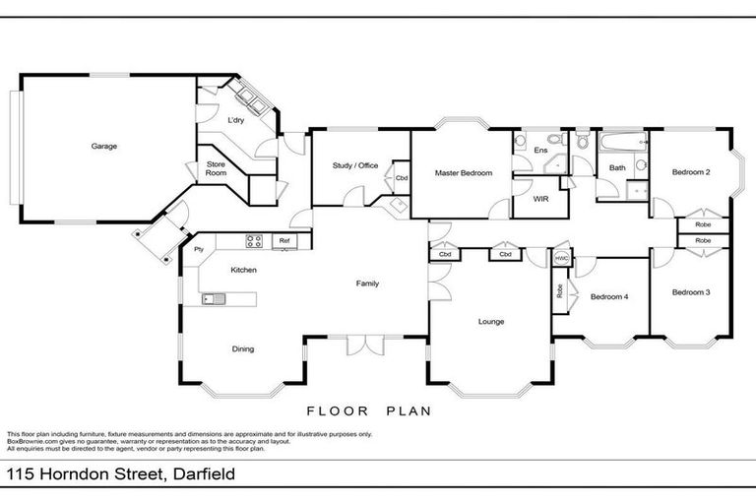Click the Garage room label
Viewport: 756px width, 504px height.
coord(104,147)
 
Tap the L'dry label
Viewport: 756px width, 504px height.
coord(236,120)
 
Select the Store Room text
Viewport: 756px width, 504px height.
coord(216,168)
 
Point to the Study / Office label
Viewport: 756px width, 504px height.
coord(354,165)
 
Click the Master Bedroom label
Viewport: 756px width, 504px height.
coord(462,173)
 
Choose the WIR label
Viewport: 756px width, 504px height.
coord(540,198)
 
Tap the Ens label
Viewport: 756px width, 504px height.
coord(540,150)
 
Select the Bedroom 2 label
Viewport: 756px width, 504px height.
coord(691,172)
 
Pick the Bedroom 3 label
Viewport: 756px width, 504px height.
coord(691,292)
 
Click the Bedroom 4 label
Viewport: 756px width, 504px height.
coord(608,295)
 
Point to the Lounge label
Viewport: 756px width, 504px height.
coord(491,321)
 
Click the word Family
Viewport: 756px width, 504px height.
coord(367,283)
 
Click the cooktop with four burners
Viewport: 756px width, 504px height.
coord(253,239)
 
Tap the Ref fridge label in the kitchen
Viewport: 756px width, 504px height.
coord(284,240)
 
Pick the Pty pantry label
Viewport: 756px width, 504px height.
coord(198,249)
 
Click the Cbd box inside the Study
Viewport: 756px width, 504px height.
coord(402,178)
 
